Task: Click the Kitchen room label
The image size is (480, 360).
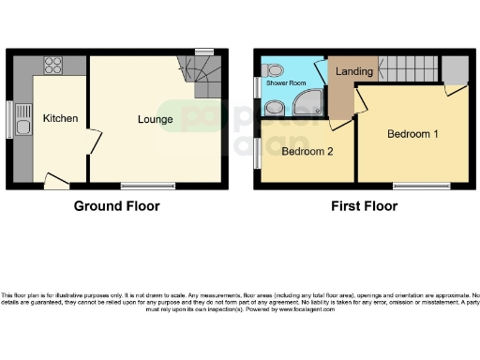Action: coord(60,118)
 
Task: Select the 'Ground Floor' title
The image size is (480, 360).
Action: coord(117,206)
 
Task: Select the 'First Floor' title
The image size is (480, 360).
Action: coord(363,206)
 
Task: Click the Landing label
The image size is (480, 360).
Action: coord(354,71)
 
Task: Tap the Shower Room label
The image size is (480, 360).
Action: coord(285,82)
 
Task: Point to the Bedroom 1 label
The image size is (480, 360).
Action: coord(413,134)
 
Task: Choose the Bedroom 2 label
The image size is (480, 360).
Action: coord(307,151)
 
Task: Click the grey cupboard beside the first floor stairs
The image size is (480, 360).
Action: coord(456,69)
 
